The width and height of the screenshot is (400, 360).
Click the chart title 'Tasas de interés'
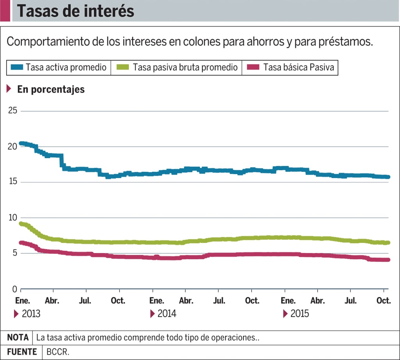pyautogui.click(x=75, y=11)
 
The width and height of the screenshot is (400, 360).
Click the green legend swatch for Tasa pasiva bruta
pyautogui.click(x=123, y=67)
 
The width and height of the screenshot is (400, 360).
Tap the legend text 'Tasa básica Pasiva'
pyautogui.click(x=298, y=67)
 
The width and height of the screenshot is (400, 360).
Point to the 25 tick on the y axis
pyautogui.click(x=13, y=110)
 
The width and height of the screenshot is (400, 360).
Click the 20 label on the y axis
pyautogui.click(x=13, y=146)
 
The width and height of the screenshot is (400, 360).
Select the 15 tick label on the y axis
pyautogui.click(x=13, y=182)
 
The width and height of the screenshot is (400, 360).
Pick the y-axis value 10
pyautogui.click(x=13, y=217)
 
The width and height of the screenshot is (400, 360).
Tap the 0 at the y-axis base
pyautogui.click(x=15, y=289)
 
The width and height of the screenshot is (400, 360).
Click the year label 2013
pyautogui.click(x=31, y=314)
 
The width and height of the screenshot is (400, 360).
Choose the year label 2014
pyautogui.click(x=167, y=314)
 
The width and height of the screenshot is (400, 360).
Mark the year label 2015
pyautogui.click(x=300, y=314)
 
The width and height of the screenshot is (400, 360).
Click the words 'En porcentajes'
pyautogui.click(x=51, y=89)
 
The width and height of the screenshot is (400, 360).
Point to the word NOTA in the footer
pyautogui.click(x=18, y=337)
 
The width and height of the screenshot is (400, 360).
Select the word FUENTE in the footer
pyautogui.click(x=22, y=351)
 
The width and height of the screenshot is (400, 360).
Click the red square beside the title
pyautogui.click(x=5, y=11)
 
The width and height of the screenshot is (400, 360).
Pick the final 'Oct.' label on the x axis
pyautogui.click(x=384, y=301)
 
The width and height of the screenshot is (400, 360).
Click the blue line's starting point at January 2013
pyautogui.click(x=21, y=143)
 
